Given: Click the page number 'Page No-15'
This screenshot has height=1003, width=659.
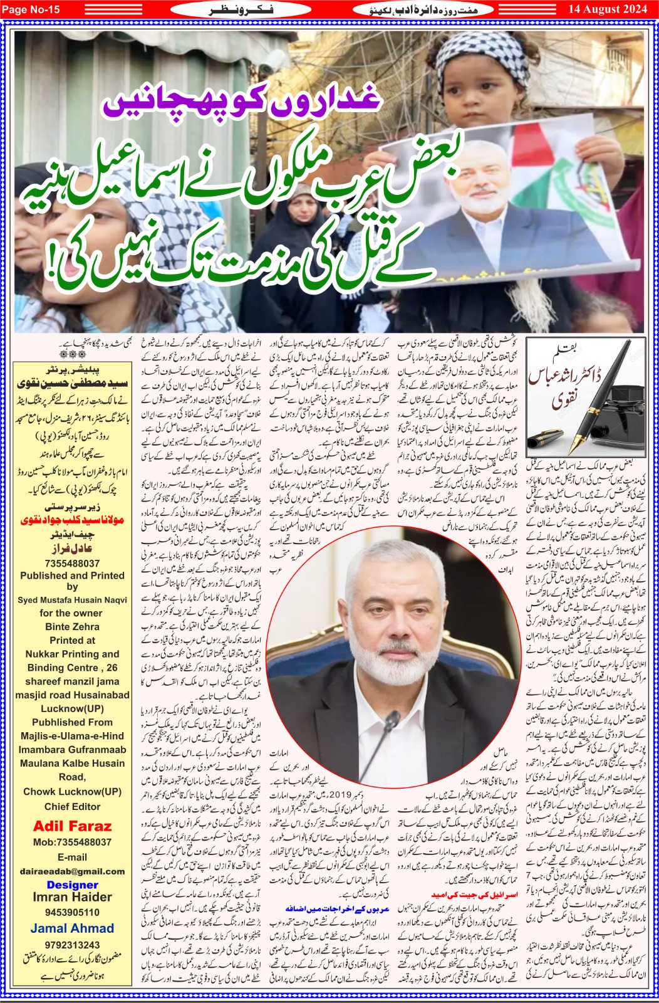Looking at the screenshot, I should tap(31, 9).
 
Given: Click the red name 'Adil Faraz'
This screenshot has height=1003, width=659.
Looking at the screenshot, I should tap(72, 826).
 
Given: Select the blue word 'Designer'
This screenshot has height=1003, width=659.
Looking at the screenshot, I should tap(72, 885).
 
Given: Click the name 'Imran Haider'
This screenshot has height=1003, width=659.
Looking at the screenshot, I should tap(72, 897).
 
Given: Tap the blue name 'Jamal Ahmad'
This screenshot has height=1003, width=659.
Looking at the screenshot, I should tap(72, 928).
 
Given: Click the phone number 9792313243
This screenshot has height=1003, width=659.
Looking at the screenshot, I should tap(72, 945).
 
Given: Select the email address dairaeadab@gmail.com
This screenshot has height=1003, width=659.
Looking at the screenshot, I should tap(72, 871).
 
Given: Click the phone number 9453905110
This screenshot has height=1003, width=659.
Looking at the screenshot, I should tap(72, 912).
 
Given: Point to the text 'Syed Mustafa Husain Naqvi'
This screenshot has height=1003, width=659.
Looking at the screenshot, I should tap(72, 600).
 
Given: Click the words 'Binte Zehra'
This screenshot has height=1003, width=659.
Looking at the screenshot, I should tap(72, 626).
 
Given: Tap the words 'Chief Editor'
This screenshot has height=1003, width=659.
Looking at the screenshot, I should tap(72, 806).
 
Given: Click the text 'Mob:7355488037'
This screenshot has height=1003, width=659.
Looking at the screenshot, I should tap(72, 842).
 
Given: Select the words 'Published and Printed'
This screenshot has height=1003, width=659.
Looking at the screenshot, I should tap(72, 575).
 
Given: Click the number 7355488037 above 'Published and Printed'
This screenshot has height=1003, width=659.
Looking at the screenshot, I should tap(72, 564).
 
